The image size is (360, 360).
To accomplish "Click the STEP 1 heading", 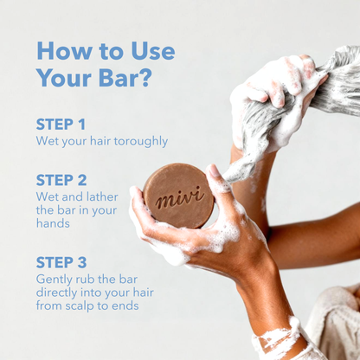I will pyautogui.click(x=61, y=124).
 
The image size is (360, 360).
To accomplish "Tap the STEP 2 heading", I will pyautogui.click(x=61, y=180).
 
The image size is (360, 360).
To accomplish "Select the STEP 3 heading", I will pyautogui.click(x=61, y=262).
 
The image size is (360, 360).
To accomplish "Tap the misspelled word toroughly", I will pyautogui.click(x=138, y=140).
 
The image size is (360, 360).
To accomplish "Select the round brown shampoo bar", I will pyautogui.click(x=177, y=196).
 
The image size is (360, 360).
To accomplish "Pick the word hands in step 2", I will pyautogui.click(x=53, y=222).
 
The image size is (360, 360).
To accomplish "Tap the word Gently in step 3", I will pyautogui.click(x=55, y=280).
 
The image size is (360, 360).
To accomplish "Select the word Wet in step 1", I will pyautogui.click(x=47, y=140).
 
